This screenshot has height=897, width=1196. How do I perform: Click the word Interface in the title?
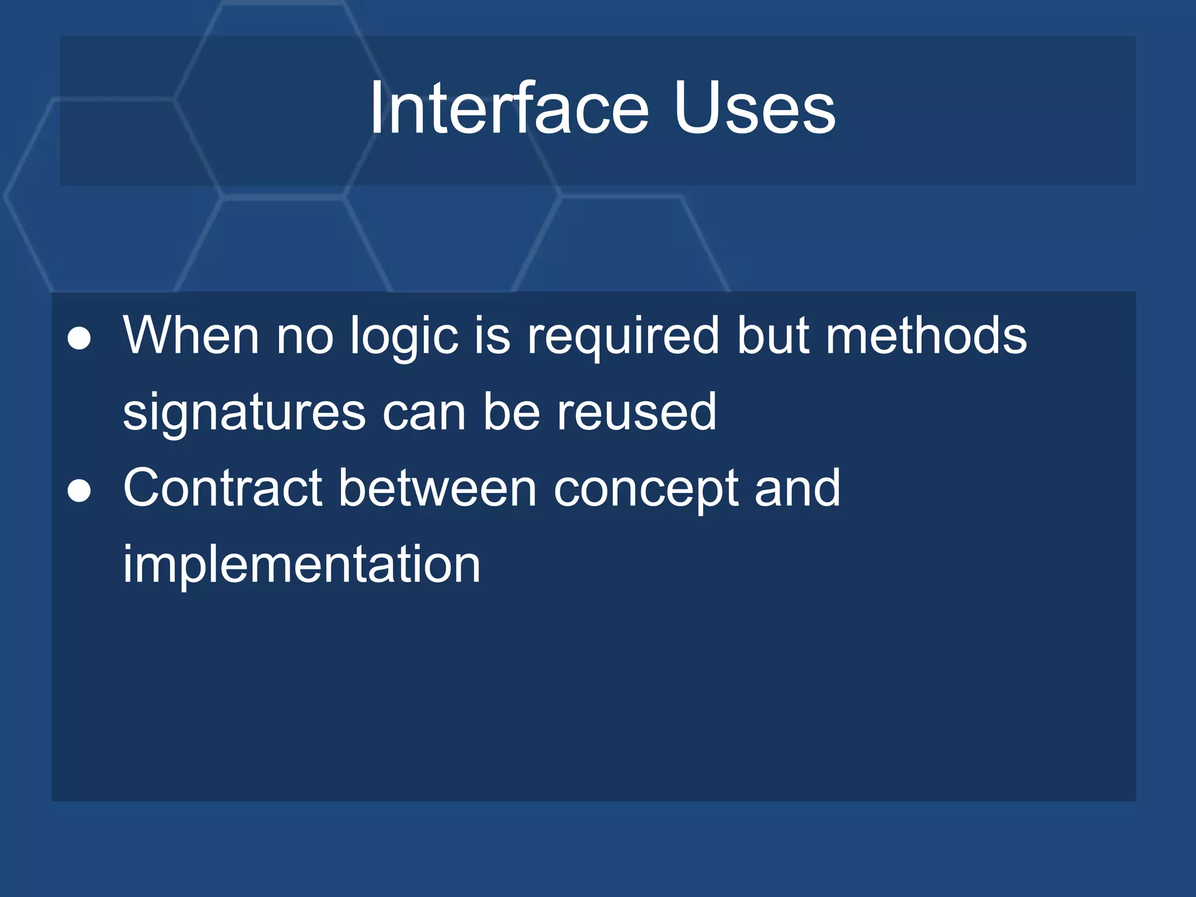[508, 109]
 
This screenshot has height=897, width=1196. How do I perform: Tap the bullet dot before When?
[79, 339]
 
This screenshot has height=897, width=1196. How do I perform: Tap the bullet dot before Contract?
[79, 491]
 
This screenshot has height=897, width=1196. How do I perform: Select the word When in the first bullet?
[190, 335]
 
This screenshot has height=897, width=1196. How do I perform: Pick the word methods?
[926, 335]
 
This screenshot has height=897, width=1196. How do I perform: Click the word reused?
[636, 412]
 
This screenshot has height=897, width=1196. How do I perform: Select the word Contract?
[222, 488]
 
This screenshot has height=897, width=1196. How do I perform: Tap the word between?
[437, 488]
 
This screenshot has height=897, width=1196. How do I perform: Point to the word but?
[773, 335]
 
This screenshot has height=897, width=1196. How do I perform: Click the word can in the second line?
[424, 413]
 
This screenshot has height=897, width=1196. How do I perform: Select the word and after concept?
[797, 488]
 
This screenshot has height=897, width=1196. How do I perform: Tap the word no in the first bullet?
[304, 338]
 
